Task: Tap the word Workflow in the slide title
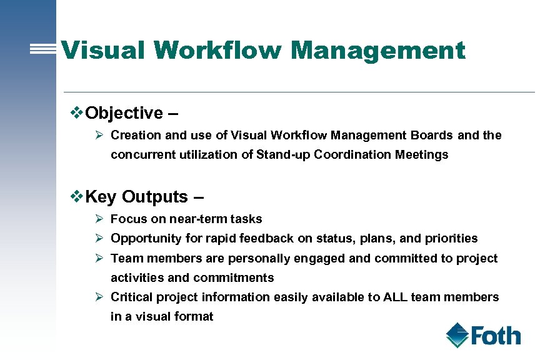coord(216,50)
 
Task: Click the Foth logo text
coord(496,336)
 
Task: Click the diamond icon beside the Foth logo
coord(457,335)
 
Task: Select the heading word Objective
coord(124,113)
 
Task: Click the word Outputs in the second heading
coord(154,197)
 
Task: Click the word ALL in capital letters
coord(394,297)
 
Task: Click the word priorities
coord(451,238)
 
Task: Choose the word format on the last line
coord(193,316)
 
